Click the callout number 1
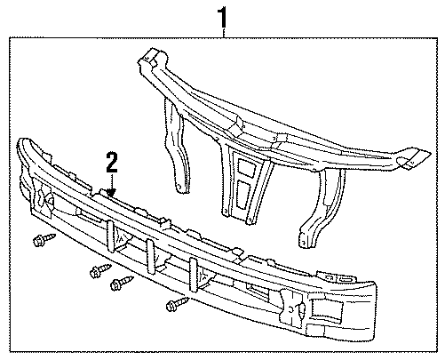pyautogui.click(x=224, y=15)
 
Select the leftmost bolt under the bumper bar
pyautogui.click(x=40, y=241)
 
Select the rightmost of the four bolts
pyautogui.click(x=174, y=307)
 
